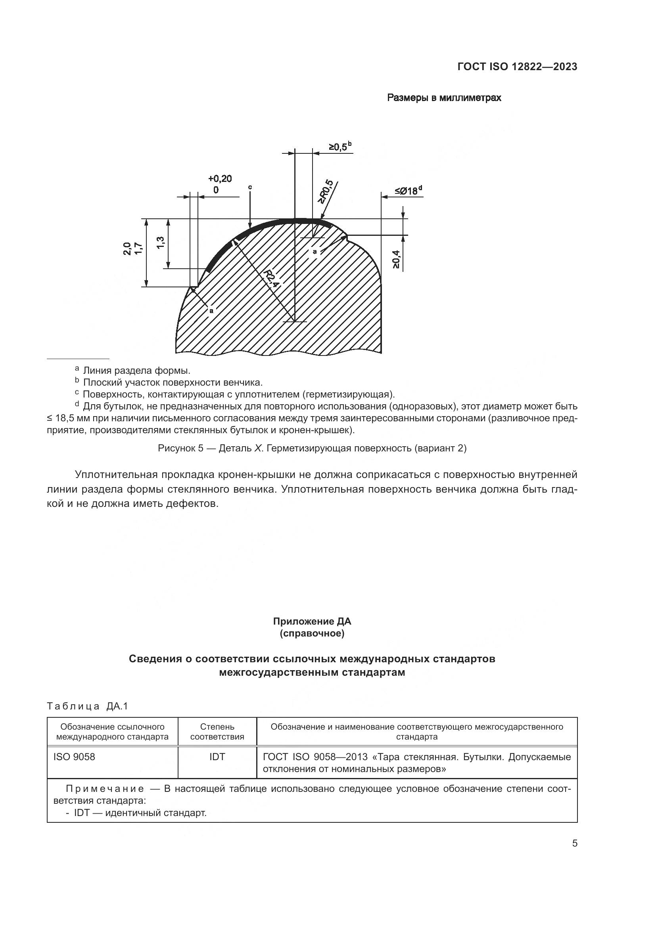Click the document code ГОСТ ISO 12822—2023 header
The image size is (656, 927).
pos(517,67)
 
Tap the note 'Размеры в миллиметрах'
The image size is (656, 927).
pos(444,98)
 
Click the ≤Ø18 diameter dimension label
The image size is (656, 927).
pos(408,190)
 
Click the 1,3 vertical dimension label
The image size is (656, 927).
pos(160,243)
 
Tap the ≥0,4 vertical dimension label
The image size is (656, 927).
pos(396,259)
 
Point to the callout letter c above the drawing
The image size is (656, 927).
pos(250,187)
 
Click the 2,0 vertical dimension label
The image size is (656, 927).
pos(127,249)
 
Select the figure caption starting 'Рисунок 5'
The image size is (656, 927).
pos(312,448)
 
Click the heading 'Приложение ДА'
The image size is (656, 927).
pos(312,621)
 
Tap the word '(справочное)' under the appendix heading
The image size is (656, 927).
pos(312,633)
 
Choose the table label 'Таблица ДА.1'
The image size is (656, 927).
pos(87,706)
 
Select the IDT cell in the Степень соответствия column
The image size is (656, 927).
pos(217,757)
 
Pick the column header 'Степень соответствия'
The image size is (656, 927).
pos(217,732)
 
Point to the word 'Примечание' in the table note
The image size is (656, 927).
pos(105,789)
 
